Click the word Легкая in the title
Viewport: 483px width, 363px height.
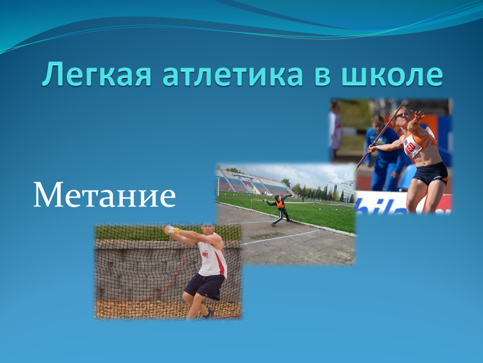97,74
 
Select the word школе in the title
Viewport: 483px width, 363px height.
392,74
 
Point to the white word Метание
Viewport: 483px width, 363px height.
105,195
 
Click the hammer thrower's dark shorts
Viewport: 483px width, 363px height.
205,286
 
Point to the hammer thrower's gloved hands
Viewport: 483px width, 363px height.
171,229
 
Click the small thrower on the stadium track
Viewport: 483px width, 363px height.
279,210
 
